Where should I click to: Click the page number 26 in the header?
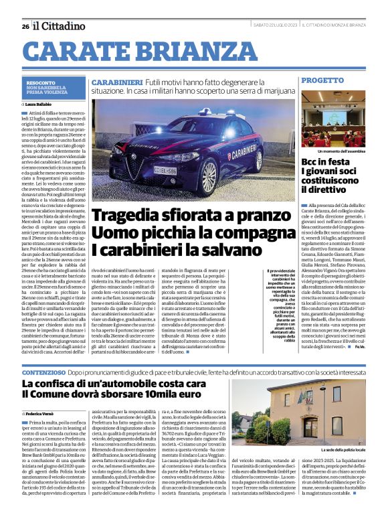coord(25,26)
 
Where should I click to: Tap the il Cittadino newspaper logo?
coord(60,25)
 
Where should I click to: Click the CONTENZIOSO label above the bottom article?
coord(45,371)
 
